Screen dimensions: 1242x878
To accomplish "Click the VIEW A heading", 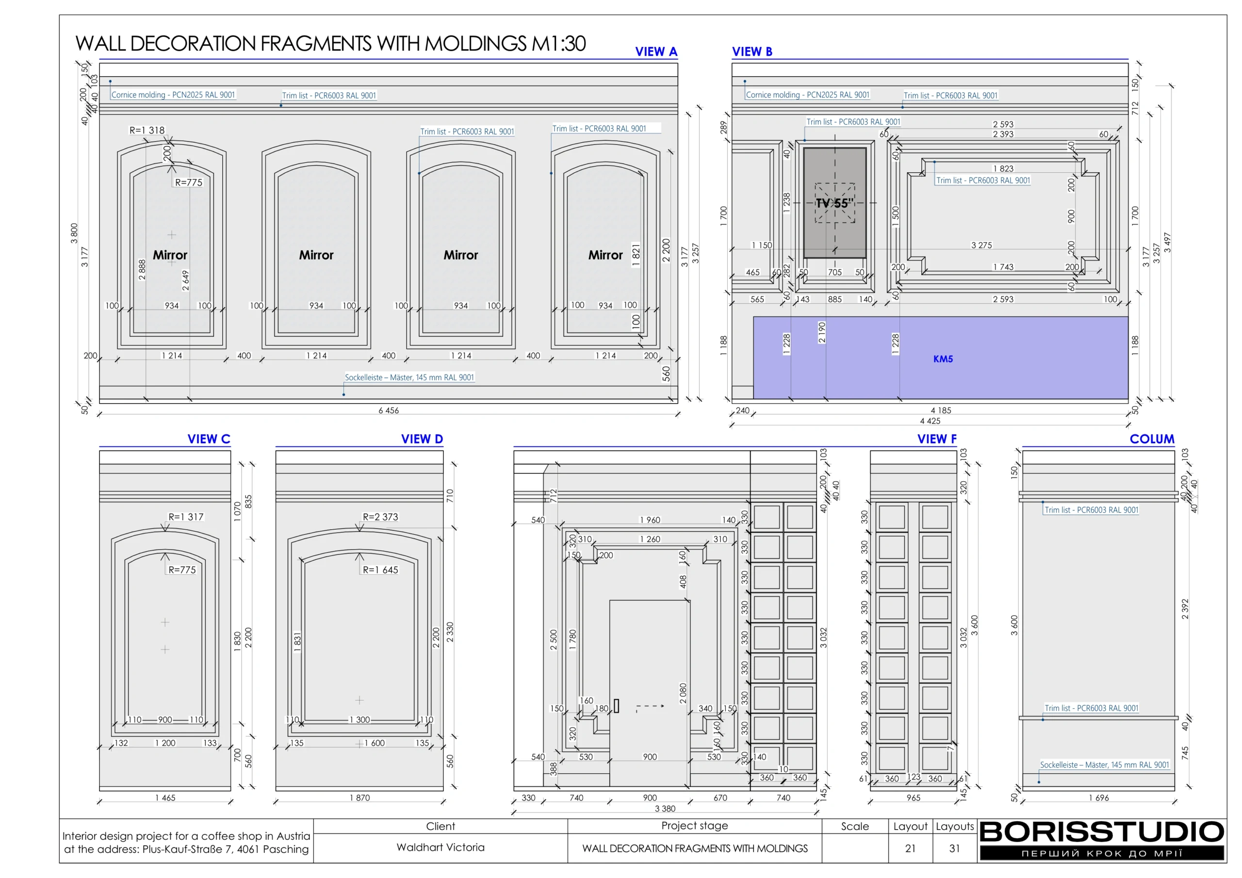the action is point(655,51).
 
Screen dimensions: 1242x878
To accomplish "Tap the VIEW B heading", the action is point(752,51).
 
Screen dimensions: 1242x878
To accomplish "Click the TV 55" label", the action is point(834,203).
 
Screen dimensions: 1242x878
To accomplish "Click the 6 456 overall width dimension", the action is point(389,410).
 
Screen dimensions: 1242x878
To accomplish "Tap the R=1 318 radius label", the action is point(147,130).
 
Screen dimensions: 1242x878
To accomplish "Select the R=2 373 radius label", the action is point(380,517).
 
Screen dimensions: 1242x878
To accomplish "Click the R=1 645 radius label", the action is point(380,569).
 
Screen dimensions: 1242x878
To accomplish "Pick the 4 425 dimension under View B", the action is point(930,421).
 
